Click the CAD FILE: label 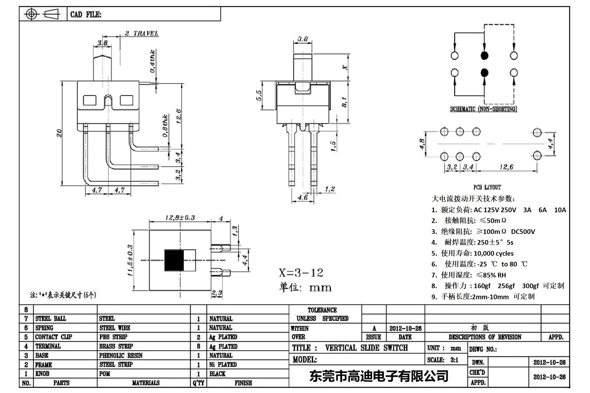click(x=86, y=14)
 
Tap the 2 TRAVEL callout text click(x=142, y=34)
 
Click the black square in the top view click(x=174, y=260)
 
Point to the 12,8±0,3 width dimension click(x=180, y=218)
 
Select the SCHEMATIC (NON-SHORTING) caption click(x=483, y=109)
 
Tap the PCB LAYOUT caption click(x=487, y=187)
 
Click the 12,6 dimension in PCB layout click(x=506, y=167)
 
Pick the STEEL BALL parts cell click(x=51, y=319)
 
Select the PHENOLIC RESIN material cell click(x=121, y=355)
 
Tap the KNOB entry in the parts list click(x=42, y=373)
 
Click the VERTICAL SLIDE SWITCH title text click(x=366, y=348)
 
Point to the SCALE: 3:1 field click(x=442, y=360)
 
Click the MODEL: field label click(x=304, y=360)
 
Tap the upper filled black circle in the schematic click(x=484, y=55)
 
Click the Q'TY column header click(x=198, y=383)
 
